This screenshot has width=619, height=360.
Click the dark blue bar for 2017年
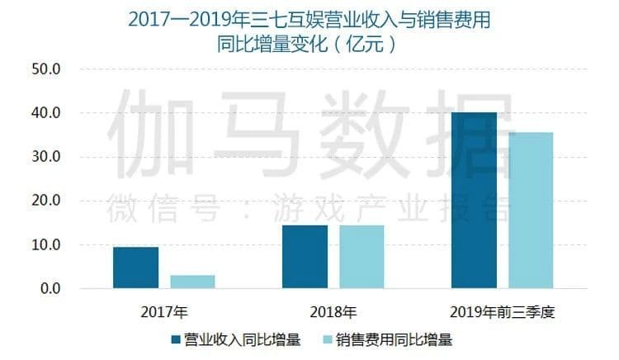135,268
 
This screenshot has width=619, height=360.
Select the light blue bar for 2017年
192,282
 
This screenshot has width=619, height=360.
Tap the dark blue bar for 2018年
305,257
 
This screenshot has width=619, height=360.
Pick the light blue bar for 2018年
361,257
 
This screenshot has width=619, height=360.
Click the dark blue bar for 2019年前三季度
474,200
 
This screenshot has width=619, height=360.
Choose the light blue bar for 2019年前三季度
531,210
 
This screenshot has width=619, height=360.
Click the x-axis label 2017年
164,313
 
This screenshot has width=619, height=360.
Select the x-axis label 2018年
333,313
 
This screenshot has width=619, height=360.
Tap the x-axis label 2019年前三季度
502,313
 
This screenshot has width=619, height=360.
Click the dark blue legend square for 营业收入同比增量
175,339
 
